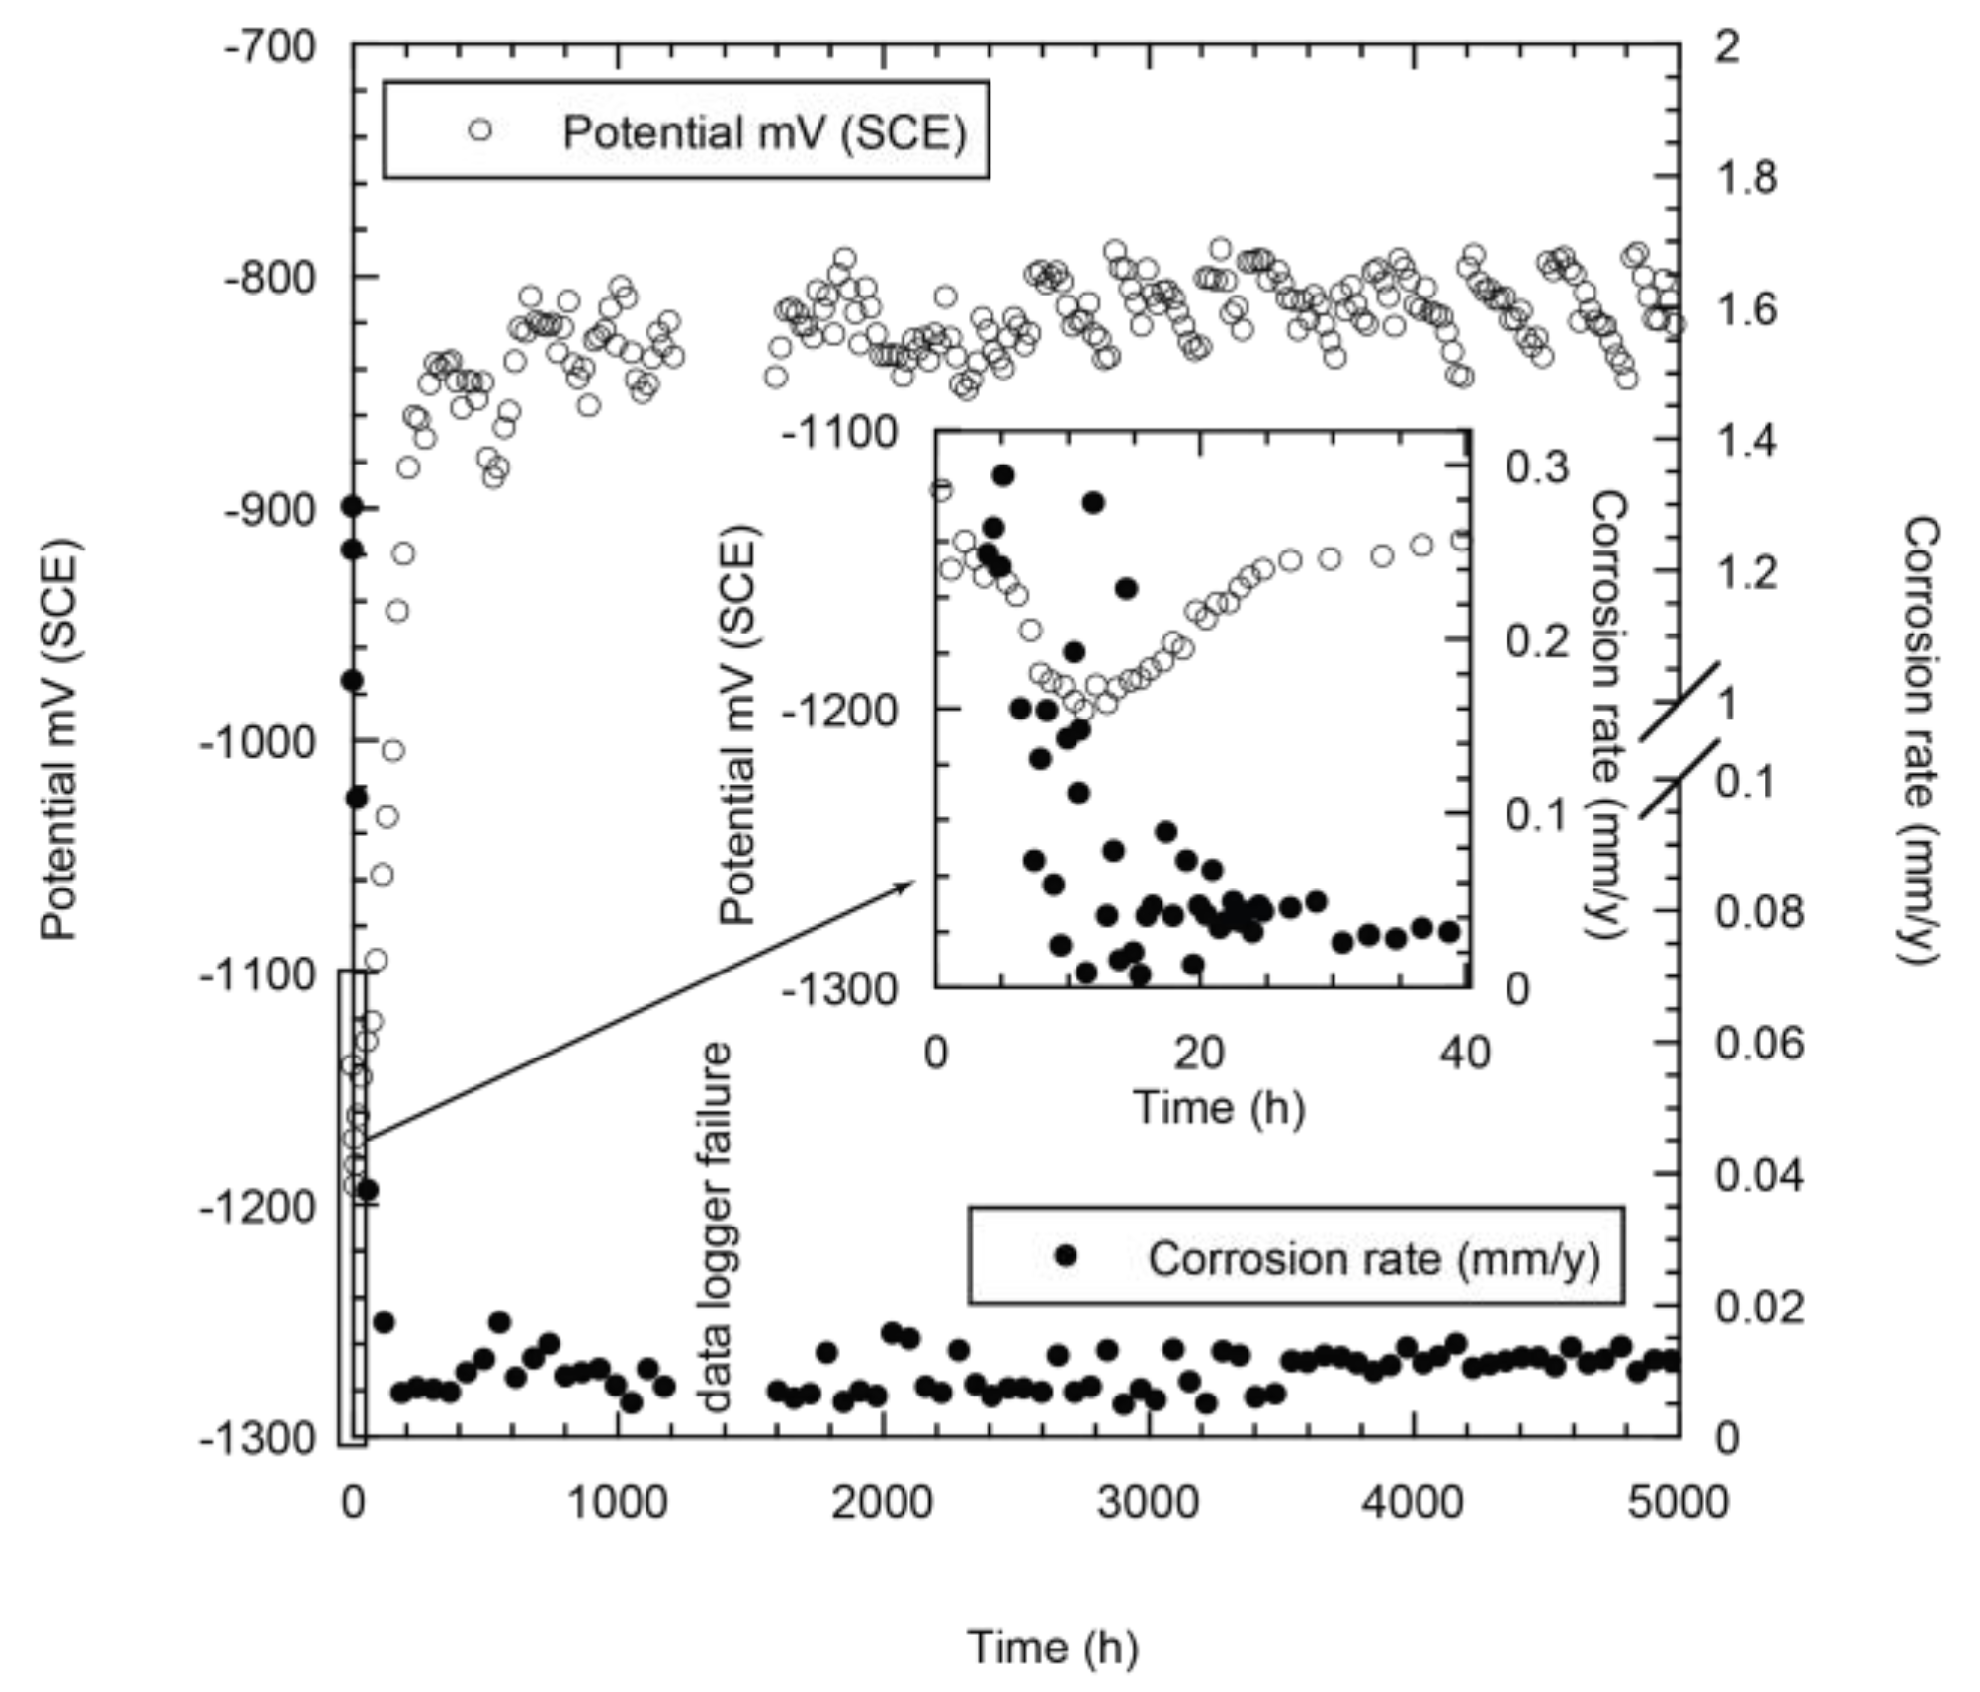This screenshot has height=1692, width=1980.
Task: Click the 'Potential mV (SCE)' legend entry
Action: pos(763,131)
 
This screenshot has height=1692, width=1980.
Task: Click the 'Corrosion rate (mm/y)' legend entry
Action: pos(1373,1258)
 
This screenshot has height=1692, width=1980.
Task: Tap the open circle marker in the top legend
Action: pos(480,130)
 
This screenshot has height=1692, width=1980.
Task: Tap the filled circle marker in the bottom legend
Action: pos(1066,1255)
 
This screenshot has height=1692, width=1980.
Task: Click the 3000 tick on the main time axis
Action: pos(1149,1501)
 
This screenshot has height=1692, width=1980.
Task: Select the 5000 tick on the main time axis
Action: pos(1679,1501)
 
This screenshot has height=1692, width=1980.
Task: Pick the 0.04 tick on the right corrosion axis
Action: pos(1759,1175)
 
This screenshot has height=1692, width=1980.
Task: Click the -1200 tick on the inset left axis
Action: pos(839,709)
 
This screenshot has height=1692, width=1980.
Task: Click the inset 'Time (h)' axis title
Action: pos(1218,1106)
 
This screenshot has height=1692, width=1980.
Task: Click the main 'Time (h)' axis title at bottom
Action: pos(1052,1647)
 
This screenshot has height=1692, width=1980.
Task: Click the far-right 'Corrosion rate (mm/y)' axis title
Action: pos(1919,738)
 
